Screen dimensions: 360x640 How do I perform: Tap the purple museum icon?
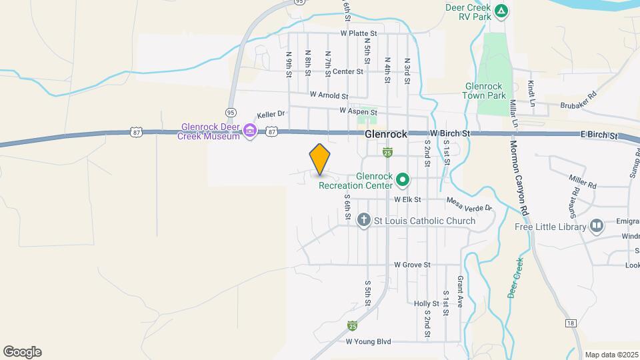[x=251, y=131]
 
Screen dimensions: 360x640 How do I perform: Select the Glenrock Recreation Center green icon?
[x=403, y=180]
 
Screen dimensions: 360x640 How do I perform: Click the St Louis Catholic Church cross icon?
[x=363, y=220]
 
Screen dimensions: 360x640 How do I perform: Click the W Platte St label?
[x=358, y=33]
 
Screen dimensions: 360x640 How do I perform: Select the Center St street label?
[x=347, y=71]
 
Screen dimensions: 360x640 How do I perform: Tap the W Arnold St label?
[x=328, y=96]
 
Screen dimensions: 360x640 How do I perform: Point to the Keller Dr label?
[x=271, y=114]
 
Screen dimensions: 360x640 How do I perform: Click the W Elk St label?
[x=407, y=199]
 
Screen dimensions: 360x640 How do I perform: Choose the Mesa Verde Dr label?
[x=469, y=208]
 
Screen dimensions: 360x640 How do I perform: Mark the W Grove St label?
[x=412, y=265]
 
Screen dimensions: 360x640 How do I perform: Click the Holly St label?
[x=426, y=303]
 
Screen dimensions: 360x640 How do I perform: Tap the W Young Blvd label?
[x=368, y=341]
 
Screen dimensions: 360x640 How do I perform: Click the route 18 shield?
[x=570, y=323]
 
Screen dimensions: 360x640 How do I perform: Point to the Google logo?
[x=22, y=352]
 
